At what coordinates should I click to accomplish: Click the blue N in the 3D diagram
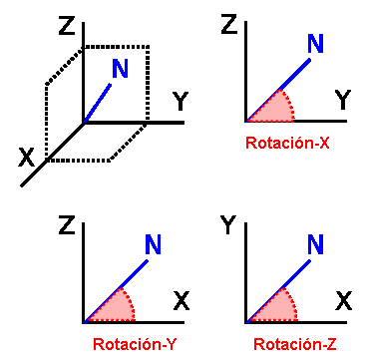click(120, 69)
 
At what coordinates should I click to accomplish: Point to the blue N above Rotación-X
click(315, 44)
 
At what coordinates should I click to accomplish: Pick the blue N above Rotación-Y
click(154, 244)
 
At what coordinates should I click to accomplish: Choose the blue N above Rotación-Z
click(315, 244)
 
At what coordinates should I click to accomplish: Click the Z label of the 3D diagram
click(68, 26)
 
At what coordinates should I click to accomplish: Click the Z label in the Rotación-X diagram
click(228, 25)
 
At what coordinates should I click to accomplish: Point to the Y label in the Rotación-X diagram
click(342, 100)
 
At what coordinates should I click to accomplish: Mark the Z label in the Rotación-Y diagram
click(67, 227)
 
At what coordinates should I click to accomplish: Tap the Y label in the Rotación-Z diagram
click(228, 227)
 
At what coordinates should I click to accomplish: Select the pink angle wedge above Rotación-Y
click(112, 310)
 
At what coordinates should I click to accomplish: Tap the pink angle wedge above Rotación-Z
click(272, 310)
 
